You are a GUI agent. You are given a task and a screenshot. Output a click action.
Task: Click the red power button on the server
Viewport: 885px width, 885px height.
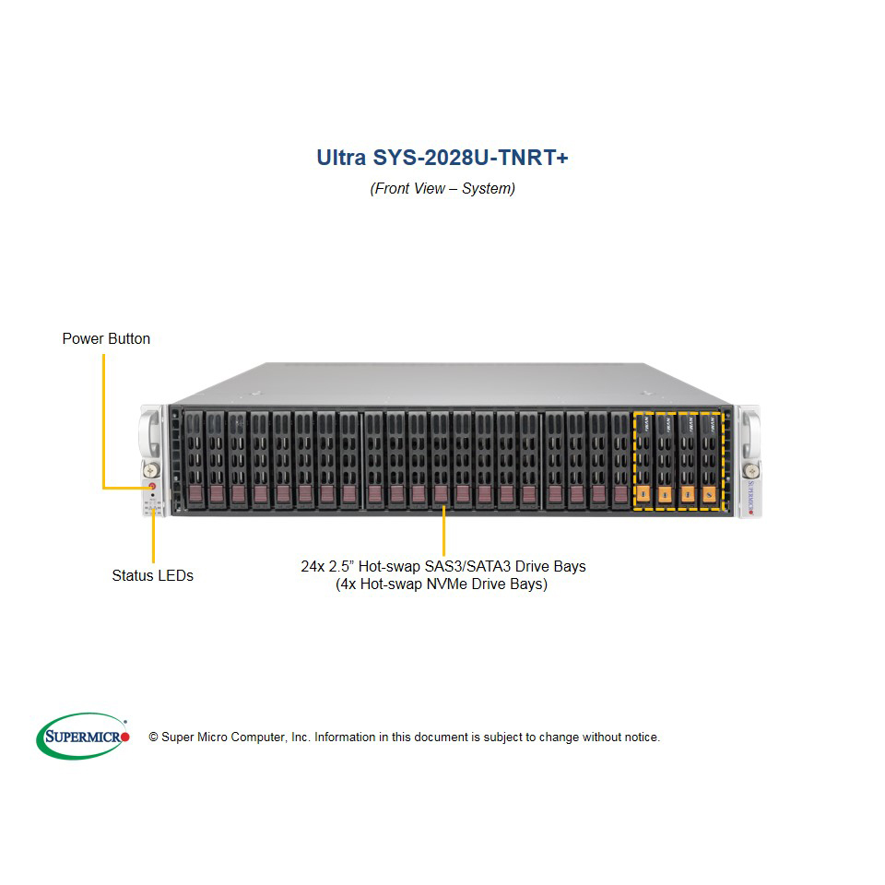pos(152,486)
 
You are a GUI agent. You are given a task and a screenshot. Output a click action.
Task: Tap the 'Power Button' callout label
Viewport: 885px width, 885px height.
pos(106,338)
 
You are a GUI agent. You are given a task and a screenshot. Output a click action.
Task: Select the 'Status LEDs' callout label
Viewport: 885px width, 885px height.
pos(152,575)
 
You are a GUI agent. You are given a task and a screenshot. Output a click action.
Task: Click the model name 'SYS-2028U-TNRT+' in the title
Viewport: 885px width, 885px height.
pos(470,158)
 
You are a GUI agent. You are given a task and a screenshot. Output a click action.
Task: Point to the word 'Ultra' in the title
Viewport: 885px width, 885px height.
pos(341,158)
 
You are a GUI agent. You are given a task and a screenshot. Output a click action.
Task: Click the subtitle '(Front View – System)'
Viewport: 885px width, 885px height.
pos(442,188)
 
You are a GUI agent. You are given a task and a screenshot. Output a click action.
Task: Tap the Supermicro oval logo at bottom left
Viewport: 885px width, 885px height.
pos(83,736)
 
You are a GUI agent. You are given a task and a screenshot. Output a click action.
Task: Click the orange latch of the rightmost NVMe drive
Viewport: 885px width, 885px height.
pos(710,495)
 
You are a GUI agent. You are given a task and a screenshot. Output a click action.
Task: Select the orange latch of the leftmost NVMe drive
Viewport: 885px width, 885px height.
pos(643,495)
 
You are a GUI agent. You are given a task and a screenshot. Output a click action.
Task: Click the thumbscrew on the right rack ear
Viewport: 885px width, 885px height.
pos(750,470)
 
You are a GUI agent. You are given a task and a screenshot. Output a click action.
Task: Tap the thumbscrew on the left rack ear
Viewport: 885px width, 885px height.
pos(150,469)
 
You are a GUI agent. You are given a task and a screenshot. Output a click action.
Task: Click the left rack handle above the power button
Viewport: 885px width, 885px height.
pos(148,434)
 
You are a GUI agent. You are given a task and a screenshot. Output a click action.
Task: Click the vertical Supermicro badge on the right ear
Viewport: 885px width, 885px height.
pos(750,497)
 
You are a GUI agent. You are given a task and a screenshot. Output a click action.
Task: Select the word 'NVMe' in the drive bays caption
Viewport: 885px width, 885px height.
pos(448,584)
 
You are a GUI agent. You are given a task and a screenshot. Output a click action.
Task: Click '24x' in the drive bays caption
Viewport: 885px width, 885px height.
pos(313,566)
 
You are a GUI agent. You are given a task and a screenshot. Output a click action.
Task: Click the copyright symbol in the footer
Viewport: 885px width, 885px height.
pos(153,737)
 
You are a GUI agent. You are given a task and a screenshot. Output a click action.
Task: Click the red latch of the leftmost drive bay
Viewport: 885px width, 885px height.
pos(195,494)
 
